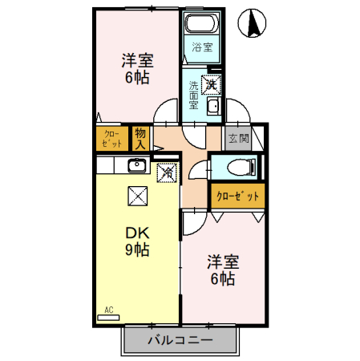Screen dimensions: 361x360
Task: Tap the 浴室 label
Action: [x=202, y=47]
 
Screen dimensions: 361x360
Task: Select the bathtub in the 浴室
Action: [x=202, y=23]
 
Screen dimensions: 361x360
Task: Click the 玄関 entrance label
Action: [x=238, y=138]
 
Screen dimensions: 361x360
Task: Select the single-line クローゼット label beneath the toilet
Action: [x=237, y=195]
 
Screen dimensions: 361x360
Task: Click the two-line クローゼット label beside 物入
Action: [x=112, y=139]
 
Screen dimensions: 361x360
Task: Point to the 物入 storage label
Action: [x=140, y=139]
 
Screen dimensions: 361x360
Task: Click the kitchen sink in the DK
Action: [x=135, y=168]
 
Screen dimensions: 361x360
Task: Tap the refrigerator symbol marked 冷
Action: [x=167, y=171]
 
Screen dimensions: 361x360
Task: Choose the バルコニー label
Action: [x=180, y=341]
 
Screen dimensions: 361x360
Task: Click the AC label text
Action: [x=108, y=309]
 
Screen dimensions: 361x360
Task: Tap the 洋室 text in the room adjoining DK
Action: [x=223, y=262]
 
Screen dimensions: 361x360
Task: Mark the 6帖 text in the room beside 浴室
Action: [x=137, y=78]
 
